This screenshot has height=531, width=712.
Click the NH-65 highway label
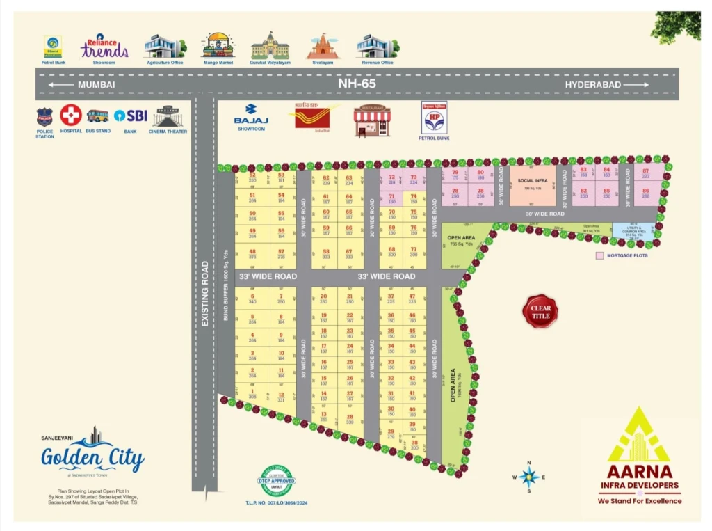pos(357,84)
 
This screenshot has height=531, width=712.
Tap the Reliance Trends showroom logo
pos(104,48)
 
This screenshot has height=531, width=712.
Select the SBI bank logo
pos(131,116)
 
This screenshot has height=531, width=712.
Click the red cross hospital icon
pos(70,115)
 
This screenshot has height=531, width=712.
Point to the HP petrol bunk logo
pos(434,118)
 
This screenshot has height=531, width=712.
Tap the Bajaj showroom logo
pos(251,114)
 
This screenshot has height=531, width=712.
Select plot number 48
pos(252,254)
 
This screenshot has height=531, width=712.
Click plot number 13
pos(324,417)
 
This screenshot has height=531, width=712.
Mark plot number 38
pos(414,445)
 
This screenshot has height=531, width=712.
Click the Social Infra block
pos(533,185)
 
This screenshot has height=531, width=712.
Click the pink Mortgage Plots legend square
pos(599,256)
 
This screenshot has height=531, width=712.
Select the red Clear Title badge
pos(540,312)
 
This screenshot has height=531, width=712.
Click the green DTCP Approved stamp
pos(277,480)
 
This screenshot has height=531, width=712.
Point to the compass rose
pos(529,477)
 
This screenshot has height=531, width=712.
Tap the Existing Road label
pos(204,293)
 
